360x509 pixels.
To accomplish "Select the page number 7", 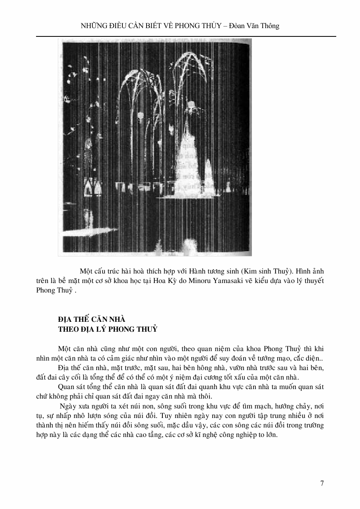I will coord(322,483).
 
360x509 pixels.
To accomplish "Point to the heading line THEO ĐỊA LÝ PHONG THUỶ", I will coord(108,329).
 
